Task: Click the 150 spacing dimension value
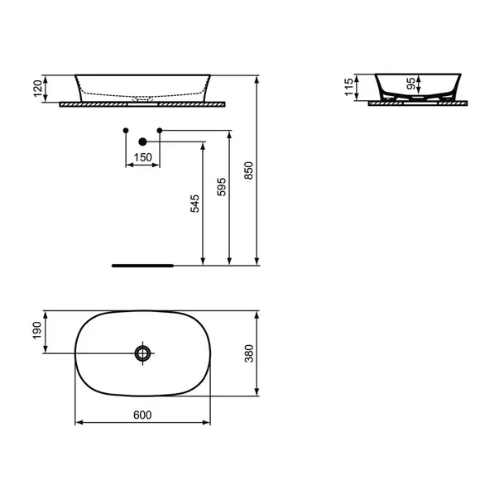[142, 158]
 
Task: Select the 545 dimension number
[195, 204]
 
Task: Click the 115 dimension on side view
[349, 86]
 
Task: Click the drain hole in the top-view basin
[143, 353]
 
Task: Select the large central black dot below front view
[142, 142]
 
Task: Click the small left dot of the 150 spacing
[125, 131]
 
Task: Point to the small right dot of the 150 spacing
[160, 131]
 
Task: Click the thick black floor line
[142, 266]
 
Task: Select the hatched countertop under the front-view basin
[190, 105]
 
